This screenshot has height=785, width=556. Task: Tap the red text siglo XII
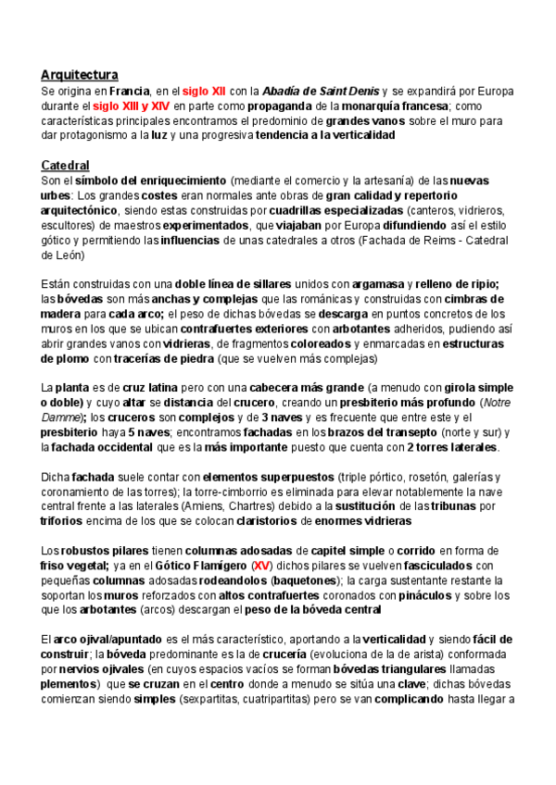205,91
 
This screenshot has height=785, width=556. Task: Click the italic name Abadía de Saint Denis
321,91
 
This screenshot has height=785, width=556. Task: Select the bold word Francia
130,91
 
